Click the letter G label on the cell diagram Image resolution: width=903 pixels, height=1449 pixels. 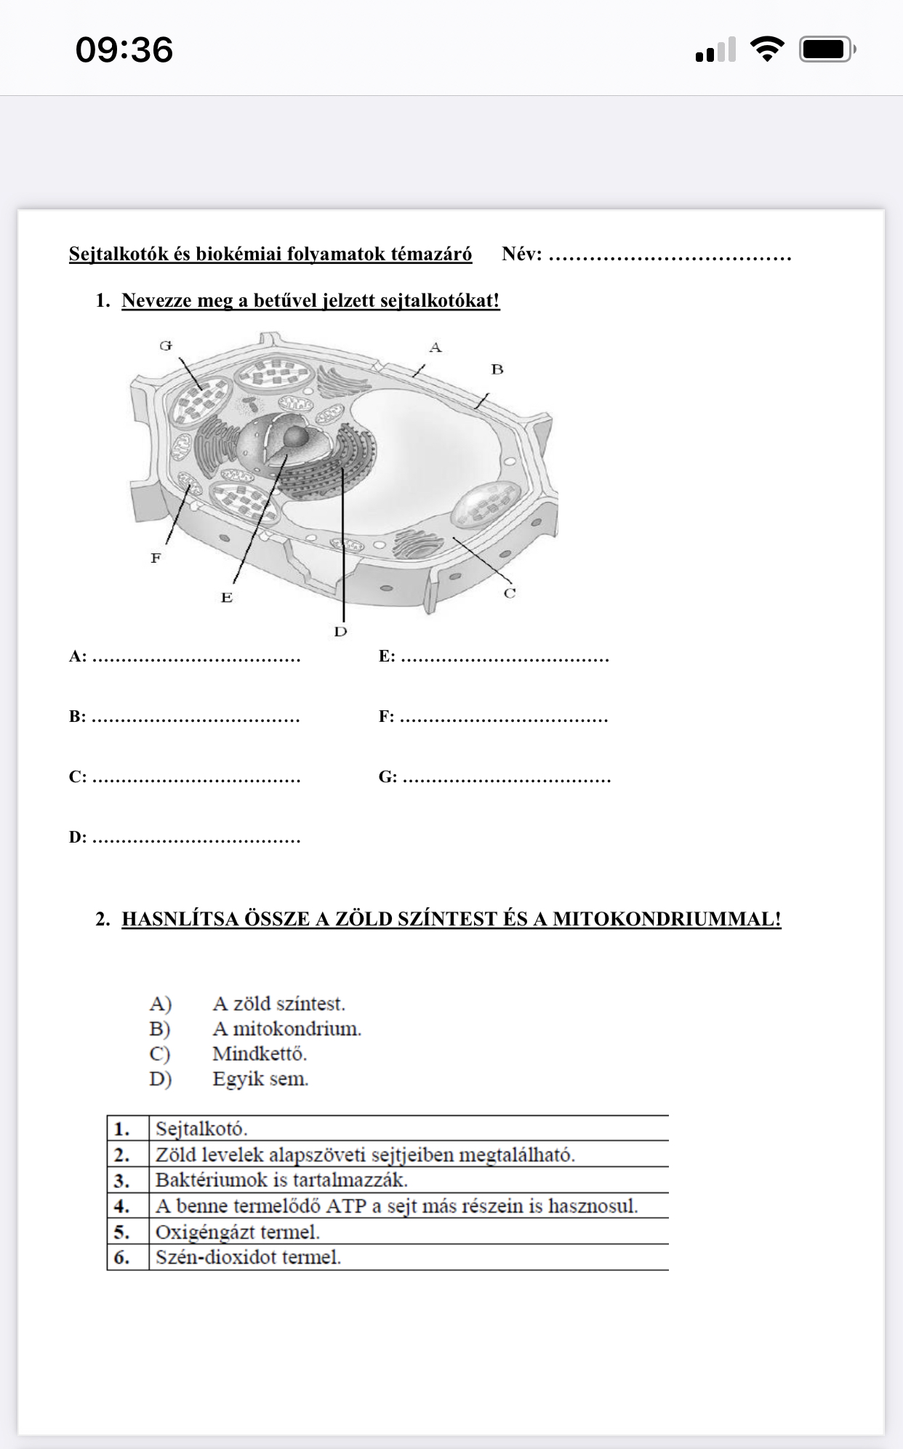(166, 345)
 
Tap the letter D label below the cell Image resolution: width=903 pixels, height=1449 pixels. (340, 631)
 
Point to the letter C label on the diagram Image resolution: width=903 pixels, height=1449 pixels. (510, 593)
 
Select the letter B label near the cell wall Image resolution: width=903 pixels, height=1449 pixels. (497, 369)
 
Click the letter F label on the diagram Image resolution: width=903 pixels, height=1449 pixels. (156, 558)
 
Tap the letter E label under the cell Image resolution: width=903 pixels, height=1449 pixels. (227, 597)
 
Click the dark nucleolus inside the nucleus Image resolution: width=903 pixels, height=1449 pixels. (294, 436)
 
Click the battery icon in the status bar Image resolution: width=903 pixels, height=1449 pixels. (827, 49)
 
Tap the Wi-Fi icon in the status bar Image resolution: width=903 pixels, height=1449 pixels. (766, 49)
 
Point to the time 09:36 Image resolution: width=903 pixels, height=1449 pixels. (124, 50)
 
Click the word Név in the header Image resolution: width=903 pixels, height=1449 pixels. (521, 254)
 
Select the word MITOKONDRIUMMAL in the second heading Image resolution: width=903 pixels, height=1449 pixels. (666, 919)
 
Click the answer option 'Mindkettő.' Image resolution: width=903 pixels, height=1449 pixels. (260, 1053)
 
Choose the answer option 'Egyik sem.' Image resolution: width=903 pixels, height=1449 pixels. (260, 1079)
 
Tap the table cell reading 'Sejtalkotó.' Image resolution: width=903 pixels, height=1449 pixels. (201, 1129)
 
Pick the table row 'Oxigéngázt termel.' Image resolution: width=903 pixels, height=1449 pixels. (238, 1232)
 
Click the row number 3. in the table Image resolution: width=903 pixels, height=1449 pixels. (122, 1180)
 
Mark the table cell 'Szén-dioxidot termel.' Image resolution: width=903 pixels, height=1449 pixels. (248, 1257)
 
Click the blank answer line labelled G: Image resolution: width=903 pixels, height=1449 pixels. (506, 778)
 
